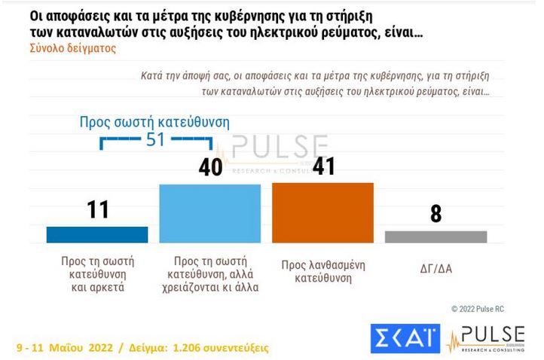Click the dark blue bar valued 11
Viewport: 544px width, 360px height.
click(x=97, y=234)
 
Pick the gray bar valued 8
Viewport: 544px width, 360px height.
click(x=436, y=236)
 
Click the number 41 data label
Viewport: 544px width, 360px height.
click(x=322, y=166)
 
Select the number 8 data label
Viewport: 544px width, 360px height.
click(x=436, y=214)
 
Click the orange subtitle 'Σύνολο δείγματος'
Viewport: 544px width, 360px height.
click(x=72, y=47)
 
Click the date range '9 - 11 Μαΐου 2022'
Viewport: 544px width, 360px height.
click(x=66, y=349)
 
